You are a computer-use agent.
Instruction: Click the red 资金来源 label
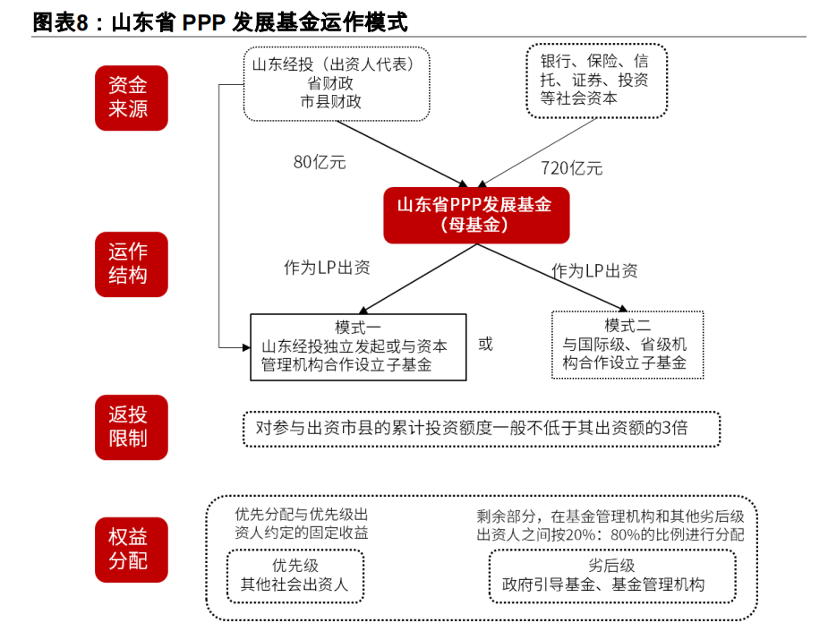point(132,98)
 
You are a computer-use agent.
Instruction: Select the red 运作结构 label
point(132,264)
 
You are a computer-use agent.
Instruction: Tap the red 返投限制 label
point(132,427)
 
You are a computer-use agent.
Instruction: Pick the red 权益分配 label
point(132,550)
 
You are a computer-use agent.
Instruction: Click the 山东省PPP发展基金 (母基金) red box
point(476,216)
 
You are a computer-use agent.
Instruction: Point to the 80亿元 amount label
point(320,162)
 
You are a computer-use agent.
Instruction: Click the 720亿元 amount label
point(571,168)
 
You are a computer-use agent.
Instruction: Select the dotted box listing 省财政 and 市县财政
point(337,84)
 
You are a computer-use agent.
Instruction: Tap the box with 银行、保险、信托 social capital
point(597,81)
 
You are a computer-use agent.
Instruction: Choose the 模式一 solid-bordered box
point(358,347)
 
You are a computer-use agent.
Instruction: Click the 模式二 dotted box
point(627,345)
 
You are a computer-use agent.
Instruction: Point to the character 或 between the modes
point(485,345)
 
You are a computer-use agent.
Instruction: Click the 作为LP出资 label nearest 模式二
point(594,271)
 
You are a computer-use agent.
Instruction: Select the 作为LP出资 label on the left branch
point(327,268)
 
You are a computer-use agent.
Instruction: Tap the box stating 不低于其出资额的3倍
point(482,429)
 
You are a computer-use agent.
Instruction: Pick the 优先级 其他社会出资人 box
point(295,576)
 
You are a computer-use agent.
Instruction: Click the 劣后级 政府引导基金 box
point(612,576)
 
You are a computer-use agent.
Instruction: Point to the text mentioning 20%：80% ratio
point(610,525)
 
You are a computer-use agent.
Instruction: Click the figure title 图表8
point(60,22)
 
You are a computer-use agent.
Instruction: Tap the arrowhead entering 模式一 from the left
point(246,347)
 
